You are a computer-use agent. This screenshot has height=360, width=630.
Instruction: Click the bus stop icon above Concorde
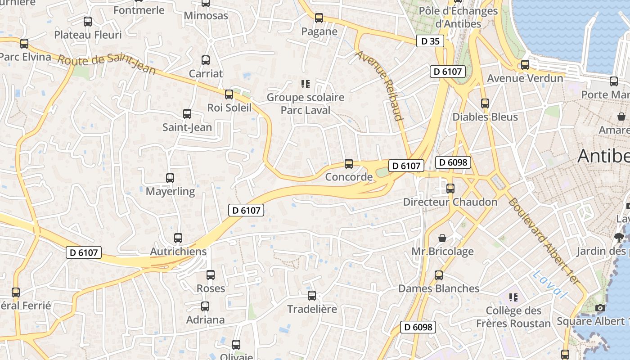(349, 164)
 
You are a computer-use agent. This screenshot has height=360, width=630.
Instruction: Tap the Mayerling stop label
(170, 191)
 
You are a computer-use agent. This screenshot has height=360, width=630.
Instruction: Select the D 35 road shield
(430, 41)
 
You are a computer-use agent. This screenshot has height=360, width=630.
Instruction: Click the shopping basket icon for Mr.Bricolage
(443, 238)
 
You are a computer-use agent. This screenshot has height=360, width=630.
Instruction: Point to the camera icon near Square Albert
(600, 308)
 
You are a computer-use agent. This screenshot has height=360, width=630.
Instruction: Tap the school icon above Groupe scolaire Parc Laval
(306, 84)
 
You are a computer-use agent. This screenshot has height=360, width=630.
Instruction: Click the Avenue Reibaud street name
(379, 85)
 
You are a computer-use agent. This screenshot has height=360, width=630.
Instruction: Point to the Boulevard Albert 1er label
(543, 241)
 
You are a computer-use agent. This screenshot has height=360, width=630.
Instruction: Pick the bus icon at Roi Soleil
(229, 94)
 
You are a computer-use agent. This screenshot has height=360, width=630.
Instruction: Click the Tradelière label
(312, 309)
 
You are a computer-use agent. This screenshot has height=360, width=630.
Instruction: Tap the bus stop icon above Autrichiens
(178, 238)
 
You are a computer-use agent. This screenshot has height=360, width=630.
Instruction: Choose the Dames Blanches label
(439, 288)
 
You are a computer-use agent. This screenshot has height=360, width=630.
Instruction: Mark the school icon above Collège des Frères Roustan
(513, 297)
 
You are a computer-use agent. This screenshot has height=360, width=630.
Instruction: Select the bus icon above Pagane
(319, 18)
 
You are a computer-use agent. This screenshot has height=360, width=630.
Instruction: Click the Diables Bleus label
(485, 117)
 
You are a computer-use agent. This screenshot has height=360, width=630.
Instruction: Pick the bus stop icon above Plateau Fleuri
(88, 21)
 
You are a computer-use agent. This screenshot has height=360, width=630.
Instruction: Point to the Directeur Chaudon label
(450, 202)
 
